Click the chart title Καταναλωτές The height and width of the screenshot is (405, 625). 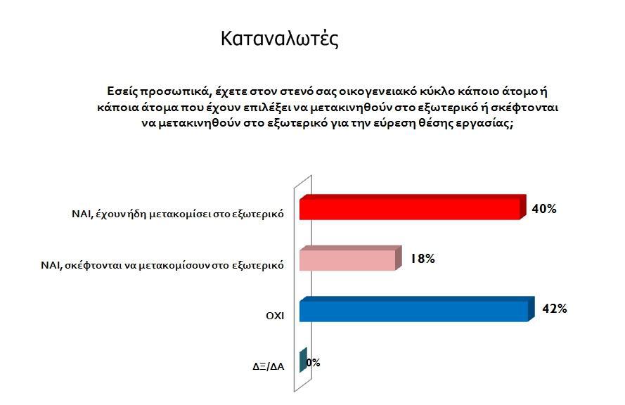pos(280,39)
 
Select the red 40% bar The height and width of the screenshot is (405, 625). pos(413,207)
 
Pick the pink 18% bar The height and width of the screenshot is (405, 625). pos(350,258)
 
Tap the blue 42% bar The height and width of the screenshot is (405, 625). pos(416,309)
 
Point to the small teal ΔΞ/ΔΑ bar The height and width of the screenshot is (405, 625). pos(303,360)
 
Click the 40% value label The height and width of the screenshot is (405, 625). pos(544,209)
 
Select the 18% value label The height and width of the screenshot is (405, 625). pos(423,259)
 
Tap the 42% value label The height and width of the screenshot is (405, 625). pos(555,309)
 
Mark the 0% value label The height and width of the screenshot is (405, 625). pos(314,362)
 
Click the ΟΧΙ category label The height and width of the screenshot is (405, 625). pos(275,316)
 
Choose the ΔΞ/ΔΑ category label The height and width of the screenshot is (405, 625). pos(269,366)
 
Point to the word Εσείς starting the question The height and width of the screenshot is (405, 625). pos(122,91)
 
